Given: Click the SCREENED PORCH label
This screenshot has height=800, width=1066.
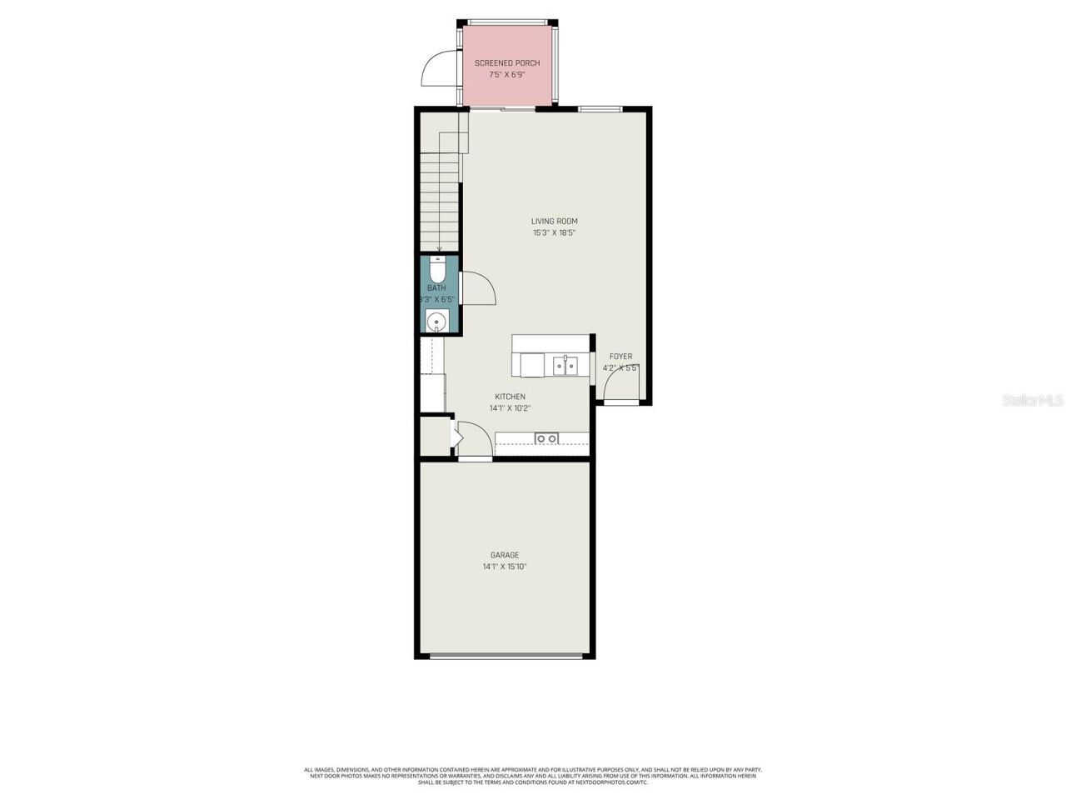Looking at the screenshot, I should pos(506,63).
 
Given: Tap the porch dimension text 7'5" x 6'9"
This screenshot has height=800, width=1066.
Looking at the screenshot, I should pos(506,75).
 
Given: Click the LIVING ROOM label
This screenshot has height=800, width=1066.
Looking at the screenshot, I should pos(554,222).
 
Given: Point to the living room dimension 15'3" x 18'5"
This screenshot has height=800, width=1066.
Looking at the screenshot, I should pos(554,233).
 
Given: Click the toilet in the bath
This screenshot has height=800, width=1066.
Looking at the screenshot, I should pos(438,270).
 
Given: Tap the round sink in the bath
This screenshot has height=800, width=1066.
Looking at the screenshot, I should pos(436,321).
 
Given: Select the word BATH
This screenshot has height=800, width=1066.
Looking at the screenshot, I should pos(436,288).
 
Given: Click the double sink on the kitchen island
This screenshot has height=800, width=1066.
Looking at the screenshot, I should pos(565,365).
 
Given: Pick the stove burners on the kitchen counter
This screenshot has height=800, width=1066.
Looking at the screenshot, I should pos(546,438).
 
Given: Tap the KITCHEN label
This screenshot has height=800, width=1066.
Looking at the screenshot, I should pos(510,397).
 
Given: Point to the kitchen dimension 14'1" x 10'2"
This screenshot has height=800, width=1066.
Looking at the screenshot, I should pos(510,408).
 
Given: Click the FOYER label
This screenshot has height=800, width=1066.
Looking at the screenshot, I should pos(620,357).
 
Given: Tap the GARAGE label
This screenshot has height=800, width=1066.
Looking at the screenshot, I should pos(504,555).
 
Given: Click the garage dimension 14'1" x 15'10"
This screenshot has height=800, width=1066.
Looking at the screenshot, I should pos(504,567).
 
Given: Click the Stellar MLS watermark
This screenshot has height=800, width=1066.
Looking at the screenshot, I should pos(1032,401).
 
